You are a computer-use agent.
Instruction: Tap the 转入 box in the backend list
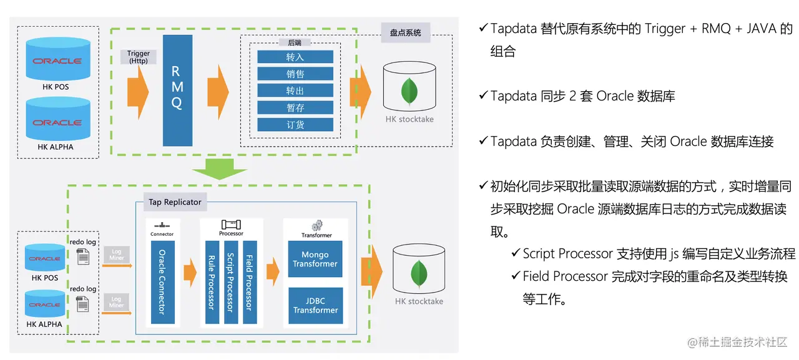click(295, 57)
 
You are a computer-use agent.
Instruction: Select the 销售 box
click(295, 74)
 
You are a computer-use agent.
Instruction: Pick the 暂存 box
click(295, 108)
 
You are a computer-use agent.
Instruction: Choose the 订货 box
click(295, 125)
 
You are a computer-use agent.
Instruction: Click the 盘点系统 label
click(406, 33)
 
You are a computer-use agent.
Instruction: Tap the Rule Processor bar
click(212, 282)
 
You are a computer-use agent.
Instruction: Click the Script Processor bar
click(230, 282)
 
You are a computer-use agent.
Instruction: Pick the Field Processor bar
click(249, 282)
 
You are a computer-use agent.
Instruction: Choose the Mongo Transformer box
click(315, 260)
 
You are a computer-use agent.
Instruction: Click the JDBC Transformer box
click(315, 306)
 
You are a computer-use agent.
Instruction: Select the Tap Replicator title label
click(175, 202)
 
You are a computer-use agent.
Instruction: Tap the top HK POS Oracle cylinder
click(57, 61)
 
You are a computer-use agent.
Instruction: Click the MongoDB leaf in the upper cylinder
click(409, 91)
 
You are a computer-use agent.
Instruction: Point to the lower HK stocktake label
click(419, 301)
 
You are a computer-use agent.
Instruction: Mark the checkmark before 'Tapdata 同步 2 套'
click(483, 96)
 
